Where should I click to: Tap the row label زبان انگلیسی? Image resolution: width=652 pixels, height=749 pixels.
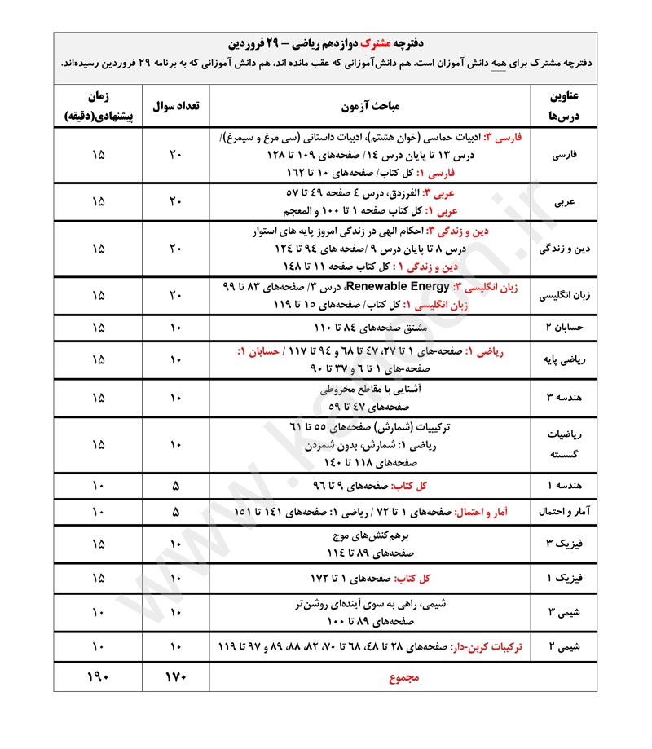pyautogui.click(x=566, y=297)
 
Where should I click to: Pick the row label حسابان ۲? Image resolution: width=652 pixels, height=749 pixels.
pyautogui.click(x=566, y=328)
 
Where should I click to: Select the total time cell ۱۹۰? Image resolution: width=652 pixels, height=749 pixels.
pyautogui.click(x=98, y=676)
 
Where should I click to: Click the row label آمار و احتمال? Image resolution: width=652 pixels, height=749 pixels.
pyautogui.click(x=566, y=512)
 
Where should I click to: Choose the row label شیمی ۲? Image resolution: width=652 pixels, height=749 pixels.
pyautogui.click(x=566, y=647)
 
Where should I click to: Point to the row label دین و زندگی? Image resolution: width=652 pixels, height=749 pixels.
pyautogui.click(x=566, y=249)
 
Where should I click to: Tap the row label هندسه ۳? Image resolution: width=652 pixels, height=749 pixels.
pyautogui.click(x=566, y=398)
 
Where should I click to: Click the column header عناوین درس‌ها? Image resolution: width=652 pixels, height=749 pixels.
pyautogui.click(x=566, y=107)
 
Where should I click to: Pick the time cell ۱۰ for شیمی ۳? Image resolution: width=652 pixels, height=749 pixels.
pyautogui.click(x=98, y=613)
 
